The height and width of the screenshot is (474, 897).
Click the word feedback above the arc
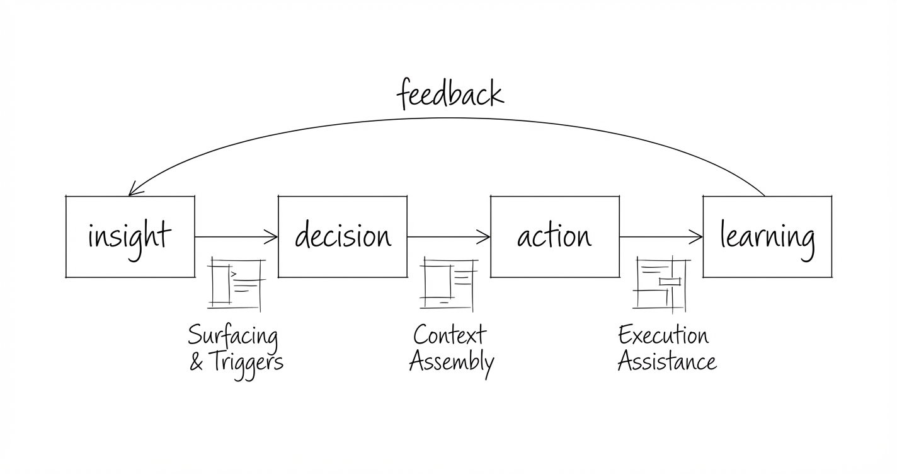pos(450,95)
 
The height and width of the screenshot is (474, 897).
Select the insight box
pos(130,236)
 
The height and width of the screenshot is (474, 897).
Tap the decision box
pos(343,236)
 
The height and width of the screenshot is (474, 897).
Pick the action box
pos(555,236)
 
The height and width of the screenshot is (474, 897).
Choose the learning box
pos(767,236)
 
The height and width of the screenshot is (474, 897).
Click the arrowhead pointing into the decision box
pos(272,237)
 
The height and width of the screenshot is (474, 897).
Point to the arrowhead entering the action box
pos(484,237)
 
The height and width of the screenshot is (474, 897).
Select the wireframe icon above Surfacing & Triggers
pos(236,284)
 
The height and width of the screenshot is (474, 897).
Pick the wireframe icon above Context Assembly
pos(448,284)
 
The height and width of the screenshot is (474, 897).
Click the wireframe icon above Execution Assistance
pos(661,284)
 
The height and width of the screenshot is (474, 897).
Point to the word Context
pos(450,335)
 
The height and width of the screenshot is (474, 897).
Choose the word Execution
pos(663,335)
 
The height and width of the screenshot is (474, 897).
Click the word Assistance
pos(666,362)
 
